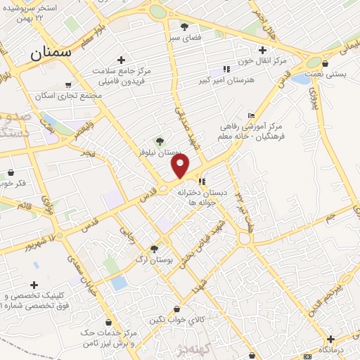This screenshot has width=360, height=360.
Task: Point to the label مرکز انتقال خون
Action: pos(263,60)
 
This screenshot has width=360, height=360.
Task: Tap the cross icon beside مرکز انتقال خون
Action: pos(262,49)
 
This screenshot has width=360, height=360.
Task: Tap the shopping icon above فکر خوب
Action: pos(10,172)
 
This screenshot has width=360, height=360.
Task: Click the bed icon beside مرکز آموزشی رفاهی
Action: pos(252,115)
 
